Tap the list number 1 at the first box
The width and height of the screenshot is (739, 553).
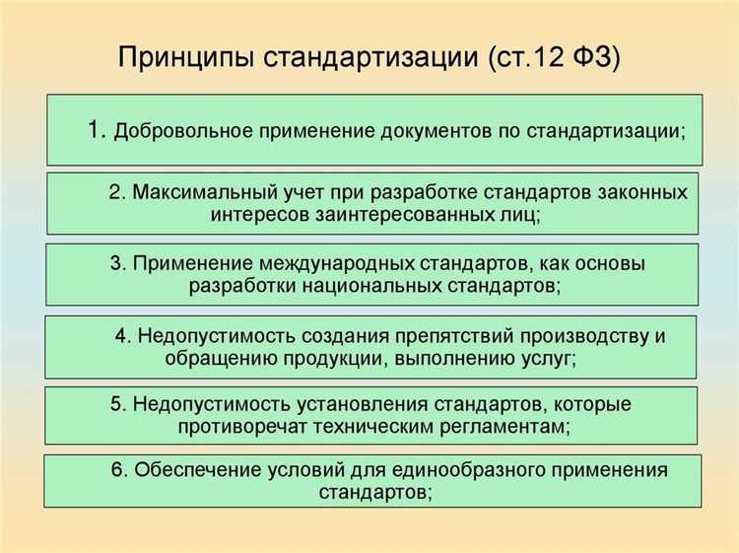(x=96, y=129)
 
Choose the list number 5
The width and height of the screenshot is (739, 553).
(x=115, y=404)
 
